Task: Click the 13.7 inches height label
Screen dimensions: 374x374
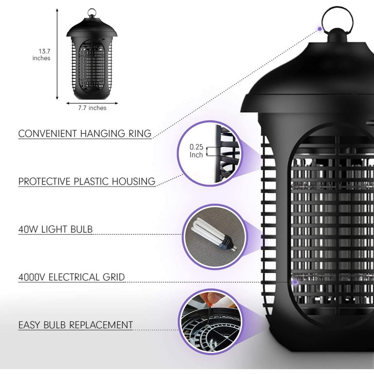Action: coord(41,55)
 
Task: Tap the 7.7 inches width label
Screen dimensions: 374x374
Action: coord(92,108)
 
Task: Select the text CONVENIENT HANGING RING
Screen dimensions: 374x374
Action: coord(85,133)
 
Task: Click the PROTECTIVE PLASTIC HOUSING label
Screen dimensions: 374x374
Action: coord(87,182)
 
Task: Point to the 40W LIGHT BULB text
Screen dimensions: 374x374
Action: coord(56,229)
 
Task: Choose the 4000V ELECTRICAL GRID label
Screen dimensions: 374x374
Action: coord(72,277)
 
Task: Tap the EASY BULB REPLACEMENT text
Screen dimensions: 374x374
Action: coord(75,325)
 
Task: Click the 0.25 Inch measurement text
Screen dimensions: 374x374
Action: coord(196,151)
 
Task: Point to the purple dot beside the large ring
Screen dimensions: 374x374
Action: coord(319,29)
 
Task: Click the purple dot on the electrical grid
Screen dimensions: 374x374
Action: coord(295,282)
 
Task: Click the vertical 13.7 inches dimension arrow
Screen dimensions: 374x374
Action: coord(57,54)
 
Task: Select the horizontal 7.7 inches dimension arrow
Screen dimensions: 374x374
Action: coord(92,103)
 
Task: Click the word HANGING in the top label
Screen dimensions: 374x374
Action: coord(102,133)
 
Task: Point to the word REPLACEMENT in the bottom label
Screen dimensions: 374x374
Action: coord(101,325)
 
